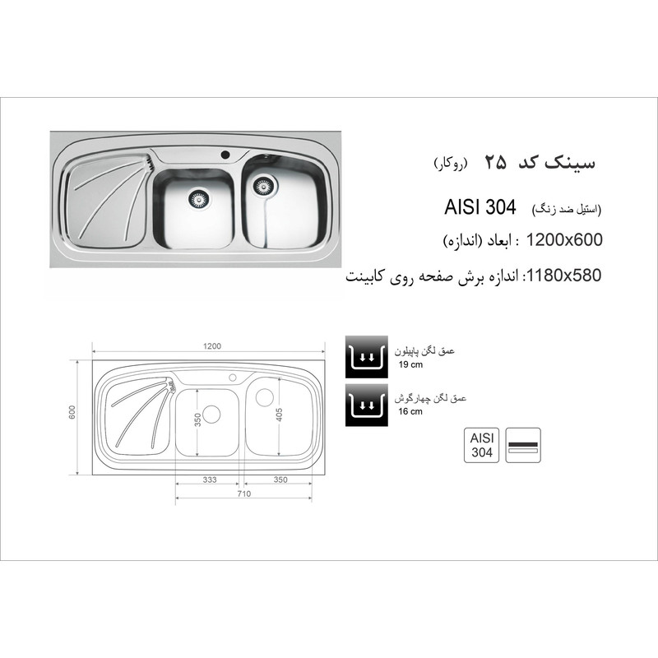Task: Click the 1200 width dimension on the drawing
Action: coord(212,346)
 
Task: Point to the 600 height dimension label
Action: coord(72,412)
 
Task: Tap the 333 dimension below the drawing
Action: coord(210,480)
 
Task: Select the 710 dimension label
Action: coord(243,494)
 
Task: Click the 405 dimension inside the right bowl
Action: coord(280,415)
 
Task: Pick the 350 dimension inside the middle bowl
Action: coord(198,419)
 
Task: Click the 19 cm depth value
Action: coord(410,364)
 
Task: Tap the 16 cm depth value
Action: coord(410,412)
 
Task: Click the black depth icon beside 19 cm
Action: coord(366,357)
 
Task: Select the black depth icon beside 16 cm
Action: coord(366,405)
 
